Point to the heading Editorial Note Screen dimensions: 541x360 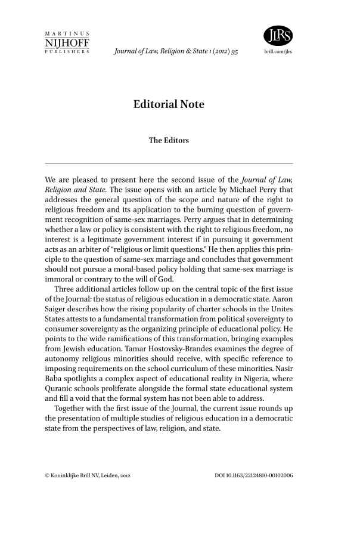[x=169, y=105]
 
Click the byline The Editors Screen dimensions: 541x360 [x=169, y=141]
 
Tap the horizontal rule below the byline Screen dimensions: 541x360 [x=169, y=163]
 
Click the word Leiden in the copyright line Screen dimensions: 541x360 [x=108, y=475]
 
